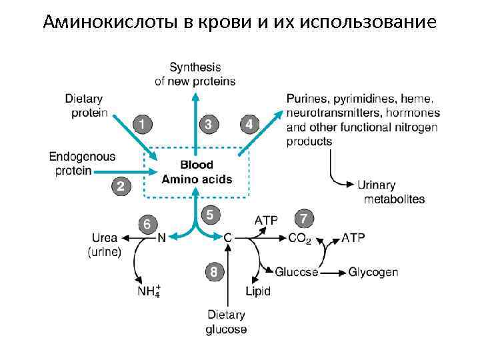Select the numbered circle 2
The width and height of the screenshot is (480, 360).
tap(120, 187)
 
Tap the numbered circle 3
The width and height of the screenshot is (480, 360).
tap(209, 125)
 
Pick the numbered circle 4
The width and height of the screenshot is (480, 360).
tap(249, 125)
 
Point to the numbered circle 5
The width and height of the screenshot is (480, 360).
tap(210, 215)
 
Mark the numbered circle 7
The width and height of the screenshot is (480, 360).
tap(304, 219)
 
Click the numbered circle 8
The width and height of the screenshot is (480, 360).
tap(213, 271)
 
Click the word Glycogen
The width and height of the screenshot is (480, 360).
tap(373, 272)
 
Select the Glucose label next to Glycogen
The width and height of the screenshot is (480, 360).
tap(297, 272)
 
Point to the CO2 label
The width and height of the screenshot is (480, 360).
tap(299, 238)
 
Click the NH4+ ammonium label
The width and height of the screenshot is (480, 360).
tap(149, 291)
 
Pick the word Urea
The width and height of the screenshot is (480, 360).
tap(105, 237)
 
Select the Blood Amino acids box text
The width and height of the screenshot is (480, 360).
tap(197, 172)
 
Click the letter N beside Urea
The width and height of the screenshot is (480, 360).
tap(161, 237)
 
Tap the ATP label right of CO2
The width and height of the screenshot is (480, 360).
tap(353, 237)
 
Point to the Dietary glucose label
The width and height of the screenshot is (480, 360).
tap(226, 322)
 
